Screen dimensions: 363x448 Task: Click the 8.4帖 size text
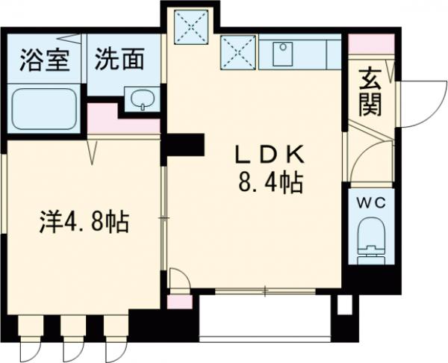coord(270,183)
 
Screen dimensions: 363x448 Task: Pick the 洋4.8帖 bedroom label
coord(84,222)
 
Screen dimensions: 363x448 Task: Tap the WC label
coord(368,202)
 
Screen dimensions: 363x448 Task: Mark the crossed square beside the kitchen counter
coord(237,52)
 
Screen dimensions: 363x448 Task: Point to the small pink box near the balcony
coord(178,302)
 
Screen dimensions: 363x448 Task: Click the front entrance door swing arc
coord(414,105)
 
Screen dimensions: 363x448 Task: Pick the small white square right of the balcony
coord(344,305)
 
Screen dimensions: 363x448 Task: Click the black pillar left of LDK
coord(183,144)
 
